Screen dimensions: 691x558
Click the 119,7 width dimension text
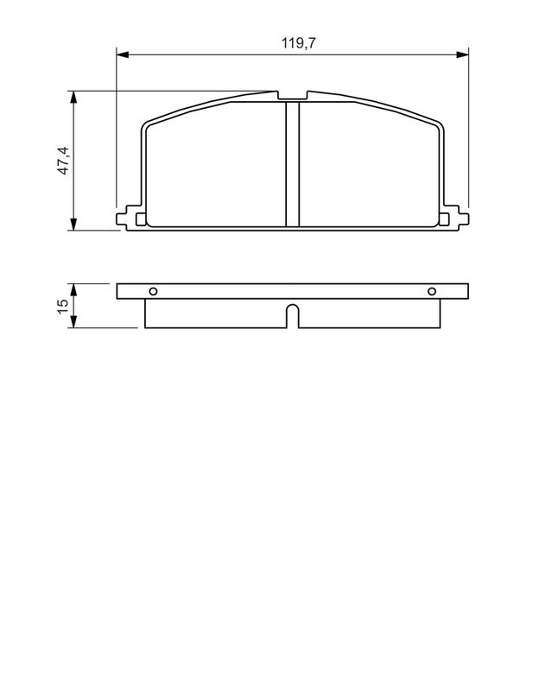click(x=293, y=41)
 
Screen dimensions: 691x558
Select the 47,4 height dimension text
click(x=62, y=162)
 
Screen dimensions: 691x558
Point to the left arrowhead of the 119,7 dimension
click(x=122, y=54)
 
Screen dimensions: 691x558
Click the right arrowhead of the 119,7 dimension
click(x=464, y=54)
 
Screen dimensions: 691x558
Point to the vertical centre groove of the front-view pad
click(x=293, y=164)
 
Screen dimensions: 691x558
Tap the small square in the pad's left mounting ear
click(x=133, y=219)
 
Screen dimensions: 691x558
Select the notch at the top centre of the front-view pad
click(x=293, y=96)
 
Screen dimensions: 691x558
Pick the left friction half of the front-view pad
click(x=216, y=168)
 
